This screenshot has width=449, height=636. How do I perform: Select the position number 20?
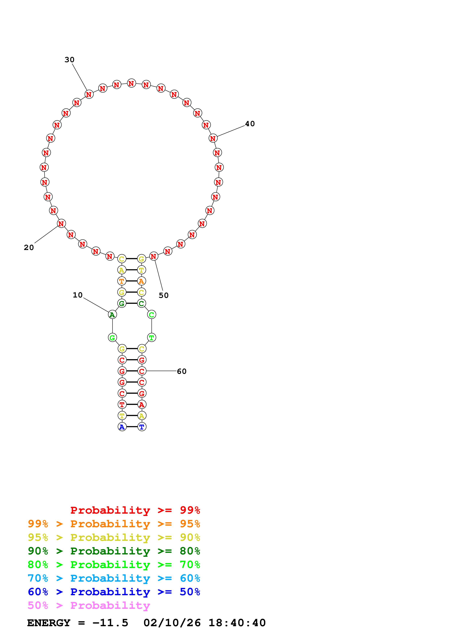click(29, 247)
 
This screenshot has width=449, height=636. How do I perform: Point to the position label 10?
click(78, 295)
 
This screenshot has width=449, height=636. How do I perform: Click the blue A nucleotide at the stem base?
click(122, 427)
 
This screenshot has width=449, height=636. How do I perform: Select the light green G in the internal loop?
click(112, 337)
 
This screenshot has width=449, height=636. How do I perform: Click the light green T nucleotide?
click(152, 337)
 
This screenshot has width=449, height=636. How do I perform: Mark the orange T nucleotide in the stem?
click(122, 281)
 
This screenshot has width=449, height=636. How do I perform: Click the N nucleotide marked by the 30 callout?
click(89, 94)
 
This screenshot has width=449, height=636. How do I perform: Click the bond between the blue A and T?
click(132, 427)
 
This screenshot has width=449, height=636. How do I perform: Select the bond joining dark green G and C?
click(132, 303)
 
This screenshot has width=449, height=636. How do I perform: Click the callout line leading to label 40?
click(231, 131)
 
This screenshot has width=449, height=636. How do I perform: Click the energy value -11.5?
click(110, 623)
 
